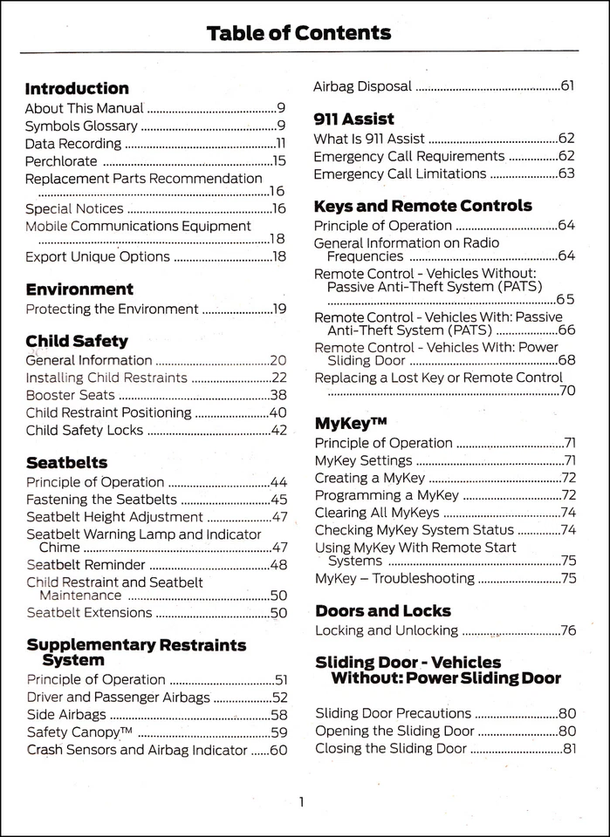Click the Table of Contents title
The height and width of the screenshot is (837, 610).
(x=298, y=34)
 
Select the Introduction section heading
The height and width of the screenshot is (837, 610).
(x=77, y=89)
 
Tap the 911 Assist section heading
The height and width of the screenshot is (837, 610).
(x=353, y=119)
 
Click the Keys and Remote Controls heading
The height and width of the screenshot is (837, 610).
(x=422, y=207)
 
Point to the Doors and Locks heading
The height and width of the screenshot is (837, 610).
(x=383, y=611)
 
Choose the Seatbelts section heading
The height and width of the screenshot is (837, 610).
(x=67, y=463)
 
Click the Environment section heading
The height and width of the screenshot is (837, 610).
(x=79, y=289)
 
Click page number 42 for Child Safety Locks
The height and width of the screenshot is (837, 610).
(x=278, y=430)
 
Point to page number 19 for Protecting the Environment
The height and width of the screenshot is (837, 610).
(x=278, y=309)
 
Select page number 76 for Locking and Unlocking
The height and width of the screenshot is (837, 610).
(x=567, y=630)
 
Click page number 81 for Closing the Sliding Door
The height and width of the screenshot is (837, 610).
(x=567, y=748)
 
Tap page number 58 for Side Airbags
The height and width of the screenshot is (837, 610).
(x=279, y=715)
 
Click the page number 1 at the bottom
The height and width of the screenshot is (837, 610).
(x=301, y=802)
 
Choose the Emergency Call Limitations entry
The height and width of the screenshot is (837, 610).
(x=400, y=174)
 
